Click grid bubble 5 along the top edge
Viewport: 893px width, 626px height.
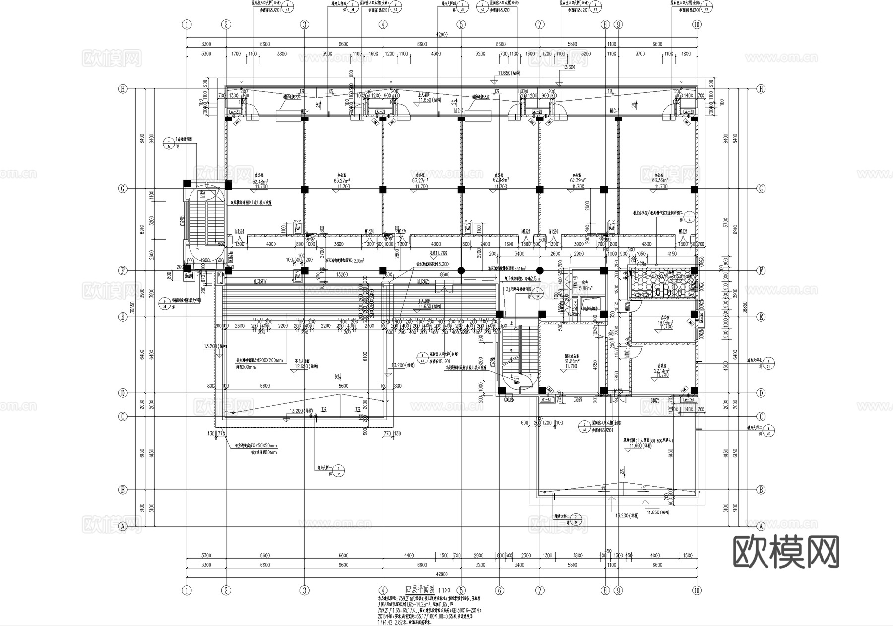pos(461,24)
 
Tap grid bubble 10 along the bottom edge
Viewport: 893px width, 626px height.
pos(697,590)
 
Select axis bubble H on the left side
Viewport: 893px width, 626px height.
pos(122,89)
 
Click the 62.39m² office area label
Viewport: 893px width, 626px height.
pos(577,181)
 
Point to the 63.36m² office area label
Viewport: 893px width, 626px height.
pos(660,181)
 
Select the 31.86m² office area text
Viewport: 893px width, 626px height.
pos(572,362)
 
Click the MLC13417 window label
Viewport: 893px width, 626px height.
pos(260,281)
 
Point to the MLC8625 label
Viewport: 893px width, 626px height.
pos(423,281)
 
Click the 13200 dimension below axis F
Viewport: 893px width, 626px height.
pos(342,274)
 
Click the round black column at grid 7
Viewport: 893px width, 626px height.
pos(540,271)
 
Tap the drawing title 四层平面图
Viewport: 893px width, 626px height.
pos(420,590)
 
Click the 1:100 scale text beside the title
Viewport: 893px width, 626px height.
pos(444,590)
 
